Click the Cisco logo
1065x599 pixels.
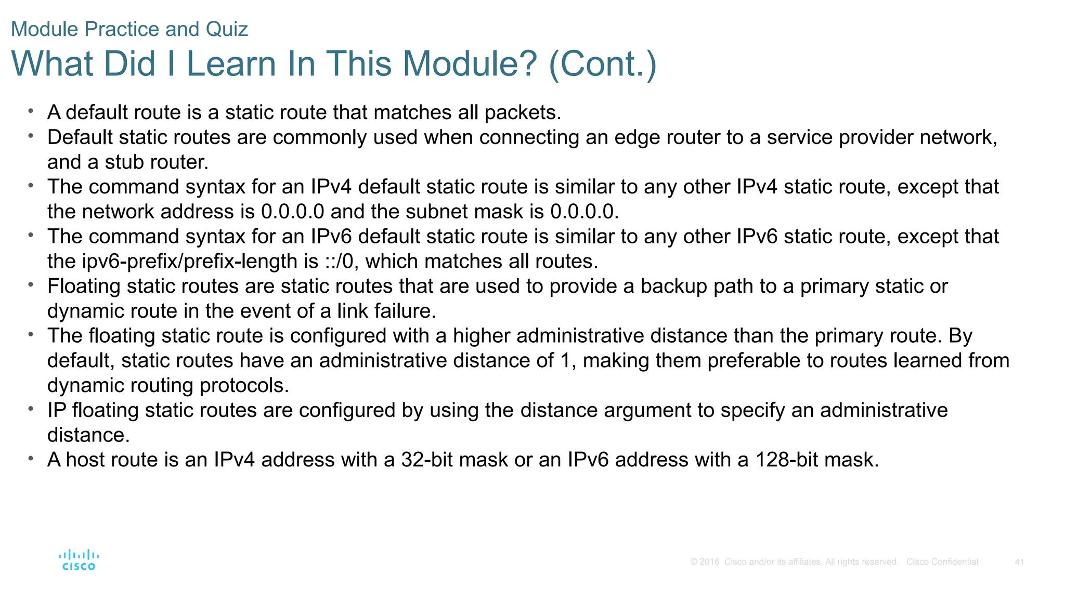click(79, 560)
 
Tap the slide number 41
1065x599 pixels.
click(1019, 562)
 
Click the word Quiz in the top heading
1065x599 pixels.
click(227, 29)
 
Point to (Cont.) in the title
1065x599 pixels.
click(603, 64)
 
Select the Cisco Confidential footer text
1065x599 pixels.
click(942, 562)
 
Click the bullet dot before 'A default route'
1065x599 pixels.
click(31, 111)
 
